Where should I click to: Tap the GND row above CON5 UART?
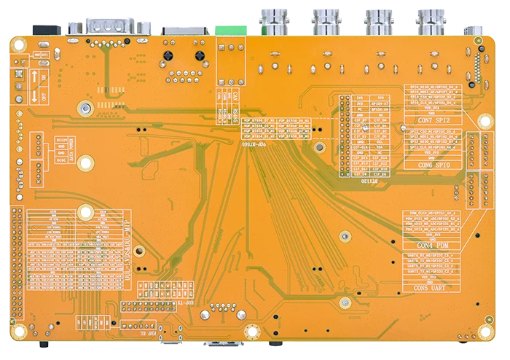coord(431,281)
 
